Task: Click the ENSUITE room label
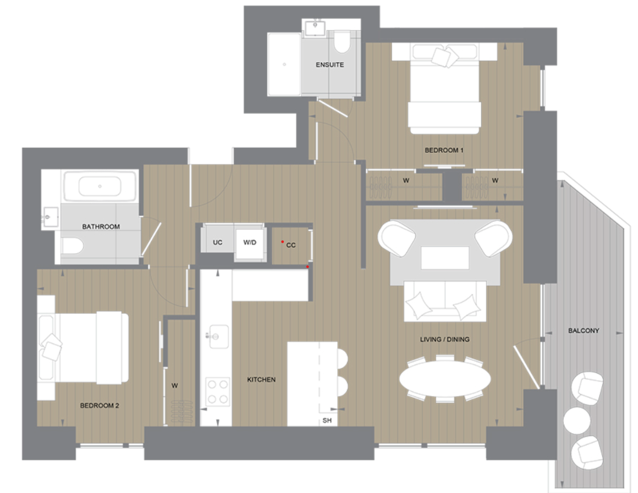point(329,65)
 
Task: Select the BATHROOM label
point(101,226)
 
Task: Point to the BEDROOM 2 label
point(100,406)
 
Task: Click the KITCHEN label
point(261,380)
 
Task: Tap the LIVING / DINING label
point(444,340)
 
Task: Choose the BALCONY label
point(584,331)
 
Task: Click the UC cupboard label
point(218,242)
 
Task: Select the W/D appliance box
point(249,242)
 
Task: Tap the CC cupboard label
point(291,245)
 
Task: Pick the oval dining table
point(445,379)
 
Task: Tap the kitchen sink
point(218,335)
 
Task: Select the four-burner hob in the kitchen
point(217,391)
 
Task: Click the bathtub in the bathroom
point(100,186)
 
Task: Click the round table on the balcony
point(576,420)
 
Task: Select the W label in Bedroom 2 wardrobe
point(174,385)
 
